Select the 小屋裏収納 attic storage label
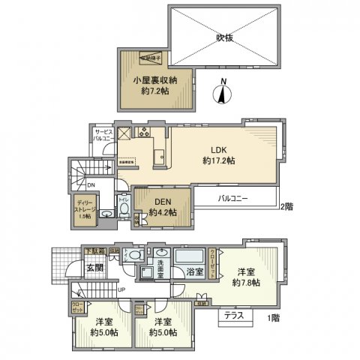coord(156,85)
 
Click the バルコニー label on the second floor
coord(235,199)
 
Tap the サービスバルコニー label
coord(102,135)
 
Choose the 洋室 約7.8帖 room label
coord(246,277)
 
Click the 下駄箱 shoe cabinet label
coord(93,252)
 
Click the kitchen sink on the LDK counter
coord(159,157)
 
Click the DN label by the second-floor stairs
coord(91,184)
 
